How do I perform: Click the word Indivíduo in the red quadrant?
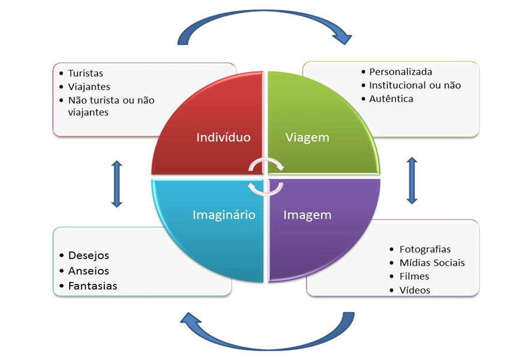[x=223, y=137]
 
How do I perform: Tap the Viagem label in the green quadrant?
[x=307, y=137]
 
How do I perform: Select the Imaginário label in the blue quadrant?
[x=224, y=214]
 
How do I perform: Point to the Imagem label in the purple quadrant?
[x=307, y=214]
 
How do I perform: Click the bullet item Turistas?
[x=85, y=73]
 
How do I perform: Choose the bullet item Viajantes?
[x=89, y=87]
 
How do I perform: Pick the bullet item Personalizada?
[x=400, y=72]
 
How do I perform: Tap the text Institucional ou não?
[x=415, y=85]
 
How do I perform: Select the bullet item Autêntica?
[x=391, y=98]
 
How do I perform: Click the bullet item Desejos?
[x=89, y=256]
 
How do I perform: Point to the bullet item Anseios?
[x=89, y=271]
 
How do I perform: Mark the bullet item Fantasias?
[x=93, y=286]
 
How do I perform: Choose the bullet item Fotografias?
[x=425, y=249]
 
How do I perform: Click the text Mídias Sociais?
[x=432, y=263]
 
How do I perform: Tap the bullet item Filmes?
[x=414, y=277]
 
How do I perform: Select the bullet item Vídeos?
[x=415, y=290]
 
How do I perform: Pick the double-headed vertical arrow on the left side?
[x=117, y=184]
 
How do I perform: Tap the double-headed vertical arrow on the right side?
[x=412, y=181]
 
